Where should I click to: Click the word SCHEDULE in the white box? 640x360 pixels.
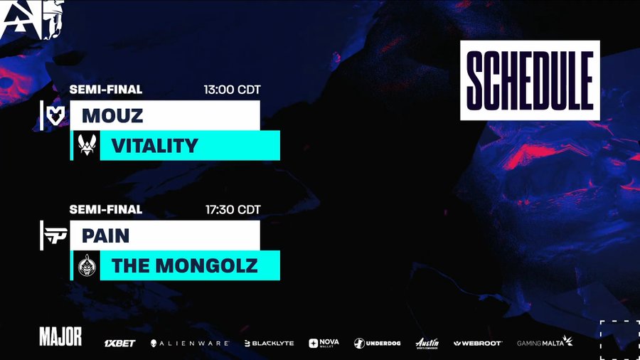(x=530, y=80)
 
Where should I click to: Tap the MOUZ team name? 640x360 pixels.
(x=112, y=115)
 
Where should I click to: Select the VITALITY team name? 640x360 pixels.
(x=155, y=146)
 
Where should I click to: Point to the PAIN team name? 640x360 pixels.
(x=105, y=235)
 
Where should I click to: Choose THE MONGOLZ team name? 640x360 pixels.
(x=184, y=265)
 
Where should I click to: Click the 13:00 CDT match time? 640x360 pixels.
(x=232, y=90)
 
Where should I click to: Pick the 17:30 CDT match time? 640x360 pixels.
(x=233, y=210)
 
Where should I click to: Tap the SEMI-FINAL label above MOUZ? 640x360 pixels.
(x=106, y=90)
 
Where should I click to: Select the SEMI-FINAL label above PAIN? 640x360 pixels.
(x=106, y=209)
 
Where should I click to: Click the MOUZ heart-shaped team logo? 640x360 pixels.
(x=55, y=115)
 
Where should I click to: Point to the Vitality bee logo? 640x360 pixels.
(x=87, y=145)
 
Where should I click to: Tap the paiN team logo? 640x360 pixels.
(x=55, y=235)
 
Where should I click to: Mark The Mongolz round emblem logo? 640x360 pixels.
(x=87, y=265)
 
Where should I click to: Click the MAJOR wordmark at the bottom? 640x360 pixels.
(x=60, y=337)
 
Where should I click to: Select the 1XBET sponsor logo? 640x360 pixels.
(x=119, y=343)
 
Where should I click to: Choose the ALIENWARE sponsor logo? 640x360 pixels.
(x=189, y=343)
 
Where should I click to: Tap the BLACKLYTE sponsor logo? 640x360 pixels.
(x=269, y=343)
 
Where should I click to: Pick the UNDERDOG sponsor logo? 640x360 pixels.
(x=377, y=343)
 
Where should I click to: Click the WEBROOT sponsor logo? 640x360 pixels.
(x=478, y=343)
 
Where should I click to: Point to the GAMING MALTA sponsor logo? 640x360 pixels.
(x=545, y=342)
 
